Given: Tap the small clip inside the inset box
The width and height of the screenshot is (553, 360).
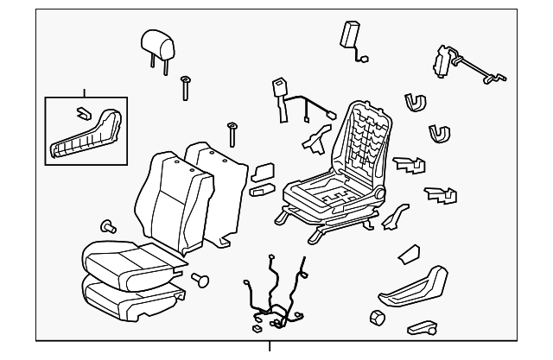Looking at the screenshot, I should (80, 112).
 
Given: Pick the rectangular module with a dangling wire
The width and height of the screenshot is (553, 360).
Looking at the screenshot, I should (350, 37).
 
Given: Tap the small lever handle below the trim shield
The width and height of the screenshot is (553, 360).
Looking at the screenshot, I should (423, 328).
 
